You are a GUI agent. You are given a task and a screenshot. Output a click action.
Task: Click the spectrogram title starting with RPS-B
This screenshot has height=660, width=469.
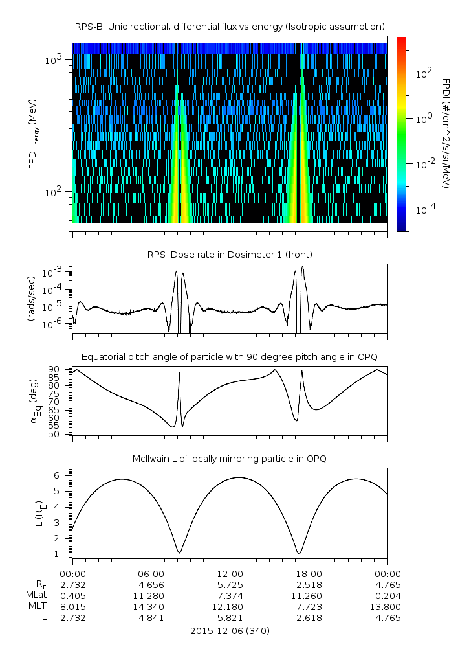tap(230, 26)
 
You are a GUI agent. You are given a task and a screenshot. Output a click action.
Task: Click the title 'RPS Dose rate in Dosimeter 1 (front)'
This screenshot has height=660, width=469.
tap(230, 253)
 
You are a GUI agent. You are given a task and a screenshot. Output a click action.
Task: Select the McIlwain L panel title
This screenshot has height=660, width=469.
tap(230, 459)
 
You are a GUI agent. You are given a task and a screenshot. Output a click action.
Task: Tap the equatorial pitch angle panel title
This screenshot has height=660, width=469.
tap(230, 357)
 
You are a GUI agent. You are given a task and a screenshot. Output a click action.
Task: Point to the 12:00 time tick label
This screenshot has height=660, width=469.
tap(230, 574)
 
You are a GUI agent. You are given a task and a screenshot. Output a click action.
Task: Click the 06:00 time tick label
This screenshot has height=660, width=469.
tap(151, 574)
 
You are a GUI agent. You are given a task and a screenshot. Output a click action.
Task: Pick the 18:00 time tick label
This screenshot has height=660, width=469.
tap(309, 574)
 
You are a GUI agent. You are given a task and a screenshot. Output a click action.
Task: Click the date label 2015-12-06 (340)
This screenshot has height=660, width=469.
tap(230, 630)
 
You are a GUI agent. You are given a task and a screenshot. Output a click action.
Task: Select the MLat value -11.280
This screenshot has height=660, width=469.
tap(151, 596)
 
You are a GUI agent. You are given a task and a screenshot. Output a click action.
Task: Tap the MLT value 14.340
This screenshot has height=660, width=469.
tap(151, 607)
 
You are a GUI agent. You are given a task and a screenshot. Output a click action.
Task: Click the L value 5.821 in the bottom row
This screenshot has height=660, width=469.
tap(230, 618)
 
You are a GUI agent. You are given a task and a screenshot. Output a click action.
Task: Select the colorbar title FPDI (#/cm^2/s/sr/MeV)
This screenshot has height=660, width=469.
tap(446, 133)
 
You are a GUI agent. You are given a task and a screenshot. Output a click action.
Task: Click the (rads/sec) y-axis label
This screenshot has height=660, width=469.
tap(32, 299)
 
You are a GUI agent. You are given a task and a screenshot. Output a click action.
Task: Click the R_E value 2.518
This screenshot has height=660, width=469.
tap(309, 585)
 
